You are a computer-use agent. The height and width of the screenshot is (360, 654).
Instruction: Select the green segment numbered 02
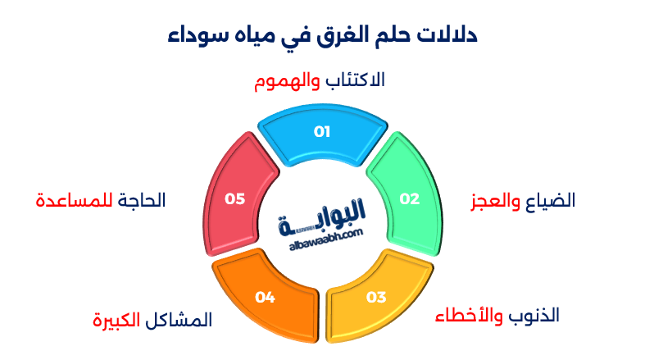(407, 198)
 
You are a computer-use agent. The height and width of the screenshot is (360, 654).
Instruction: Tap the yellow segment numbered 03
(376, 297)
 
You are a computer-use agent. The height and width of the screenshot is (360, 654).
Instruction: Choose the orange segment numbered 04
(264, 297)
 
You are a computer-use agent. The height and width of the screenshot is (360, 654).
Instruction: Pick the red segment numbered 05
(235, 198)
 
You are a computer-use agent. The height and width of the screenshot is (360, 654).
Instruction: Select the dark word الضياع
(550, 201)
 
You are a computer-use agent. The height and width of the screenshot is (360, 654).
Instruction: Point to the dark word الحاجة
(141, 200)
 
